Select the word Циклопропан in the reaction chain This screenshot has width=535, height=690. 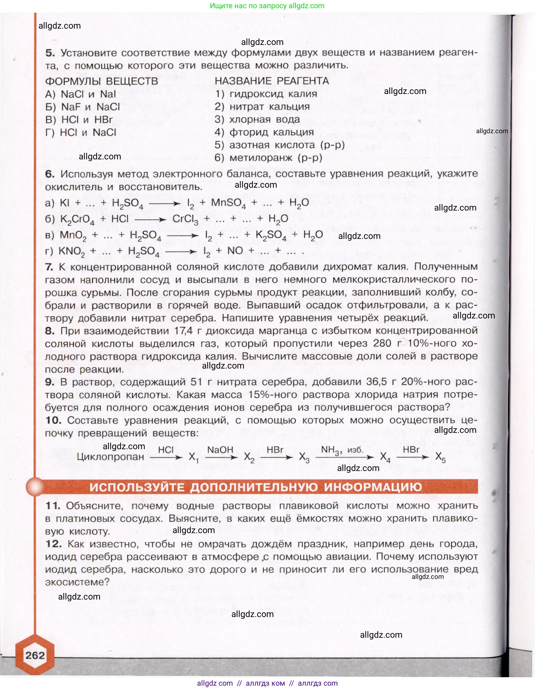pos(110,457)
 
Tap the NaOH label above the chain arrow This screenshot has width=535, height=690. pos(220,449)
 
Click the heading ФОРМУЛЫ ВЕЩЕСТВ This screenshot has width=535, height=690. pos(101,81)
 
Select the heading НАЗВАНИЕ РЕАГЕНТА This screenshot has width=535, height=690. pos(272,81)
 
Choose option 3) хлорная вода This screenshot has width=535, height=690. pos(257,119)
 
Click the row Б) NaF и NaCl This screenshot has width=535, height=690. pos(83,107)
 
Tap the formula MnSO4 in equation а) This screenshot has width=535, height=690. pos(228,203)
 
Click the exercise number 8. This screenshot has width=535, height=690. pos(50,331)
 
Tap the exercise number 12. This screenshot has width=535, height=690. pos(53,544)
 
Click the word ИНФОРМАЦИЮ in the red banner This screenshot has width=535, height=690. pos(373,487)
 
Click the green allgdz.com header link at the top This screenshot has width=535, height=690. pos(267,6)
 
